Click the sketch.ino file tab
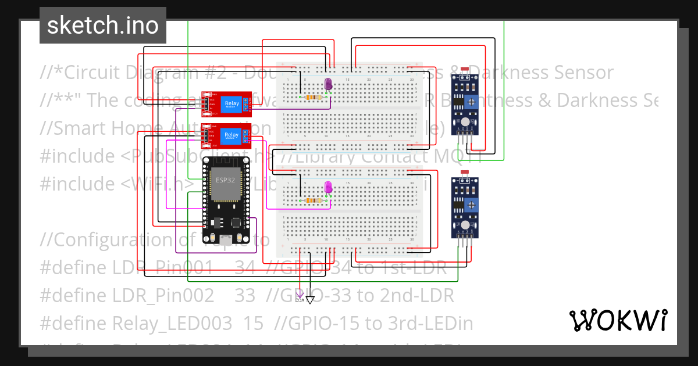(102, 26)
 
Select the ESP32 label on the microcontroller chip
(225, 180)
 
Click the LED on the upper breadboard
(328, 84)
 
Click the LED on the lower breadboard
(328, 187)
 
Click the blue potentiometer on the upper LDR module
(472, 102)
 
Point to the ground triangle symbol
(310, 300)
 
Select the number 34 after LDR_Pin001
(244, 268)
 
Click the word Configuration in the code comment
(105, 240)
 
